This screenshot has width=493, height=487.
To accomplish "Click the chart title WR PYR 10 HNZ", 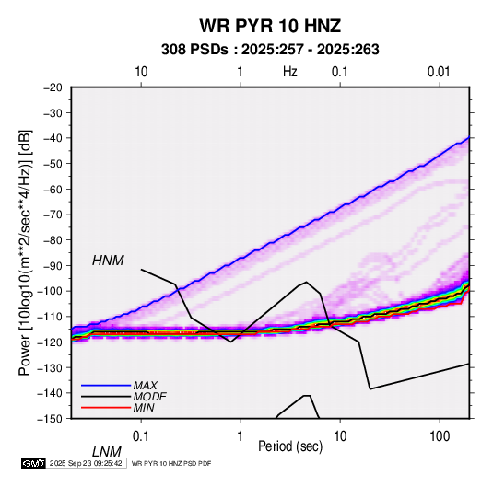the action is click(270, 26).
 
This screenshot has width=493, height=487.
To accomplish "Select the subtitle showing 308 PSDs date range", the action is click(270, 50).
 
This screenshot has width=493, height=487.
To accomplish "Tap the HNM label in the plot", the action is click(108, 261).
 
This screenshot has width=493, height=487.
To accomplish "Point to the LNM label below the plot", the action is click(106, 452).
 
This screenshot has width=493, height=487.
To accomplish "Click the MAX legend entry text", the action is click(145, 385).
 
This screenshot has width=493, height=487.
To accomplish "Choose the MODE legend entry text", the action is click(149, 397).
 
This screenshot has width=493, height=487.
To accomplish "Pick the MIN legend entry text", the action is click(144, 408).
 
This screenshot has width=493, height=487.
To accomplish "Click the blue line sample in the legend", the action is click(106, 386).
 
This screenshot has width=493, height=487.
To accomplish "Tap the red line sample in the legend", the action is click(106, 408).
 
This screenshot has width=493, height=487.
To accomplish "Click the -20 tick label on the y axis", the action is click(53, 87).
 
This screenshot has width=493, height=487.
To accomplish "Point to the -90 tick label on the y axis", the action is click(53, 265).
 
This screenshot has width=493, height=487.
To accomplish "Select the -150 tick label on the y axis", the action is click(50, 419).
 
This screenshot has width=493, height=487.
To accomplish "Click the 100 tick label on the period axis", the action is click(439, 436).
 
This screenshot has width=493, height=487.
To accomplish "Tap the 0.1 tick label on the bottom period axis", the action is click(141, 436).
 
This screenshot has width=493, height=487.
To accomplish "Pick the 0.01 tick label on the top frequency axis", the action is click(439, 72).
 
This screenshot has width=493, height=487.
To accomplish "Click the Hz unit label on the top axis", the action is click(290, 72).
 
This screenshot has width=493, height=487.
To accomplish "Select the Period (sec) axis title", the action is click(290, 446).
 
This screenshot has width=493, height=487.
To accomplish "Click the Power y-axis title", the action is click(26, 253).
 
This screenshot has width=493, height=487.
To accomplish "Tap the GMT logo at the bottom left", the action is click(34, 463).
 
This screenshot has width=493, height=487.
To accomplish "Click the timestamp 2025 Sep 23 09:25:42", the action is click(86, 463).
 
